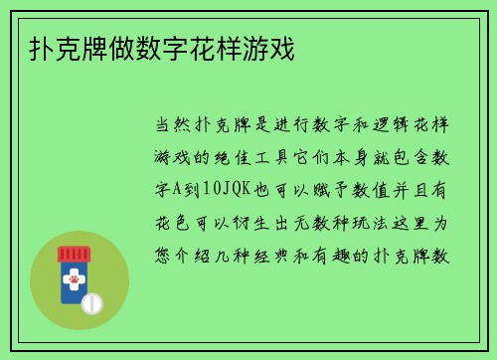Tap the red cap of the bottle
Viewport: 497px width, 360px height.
pos(73,255)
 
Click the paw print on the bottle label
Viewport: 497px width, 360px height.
pos(73,282)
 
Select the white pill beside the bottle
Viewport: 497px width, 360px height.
pos(91,300)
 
